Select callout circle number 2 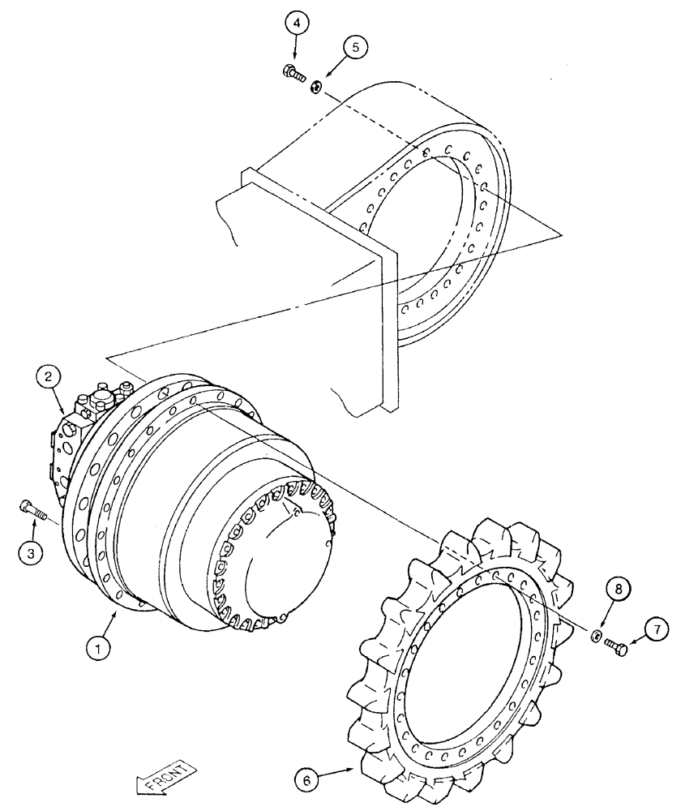click(49, 376)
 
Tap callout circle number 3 click(31, 553)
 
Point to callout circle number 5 click(353, 48)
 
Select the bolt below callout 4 click(293, 74)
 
